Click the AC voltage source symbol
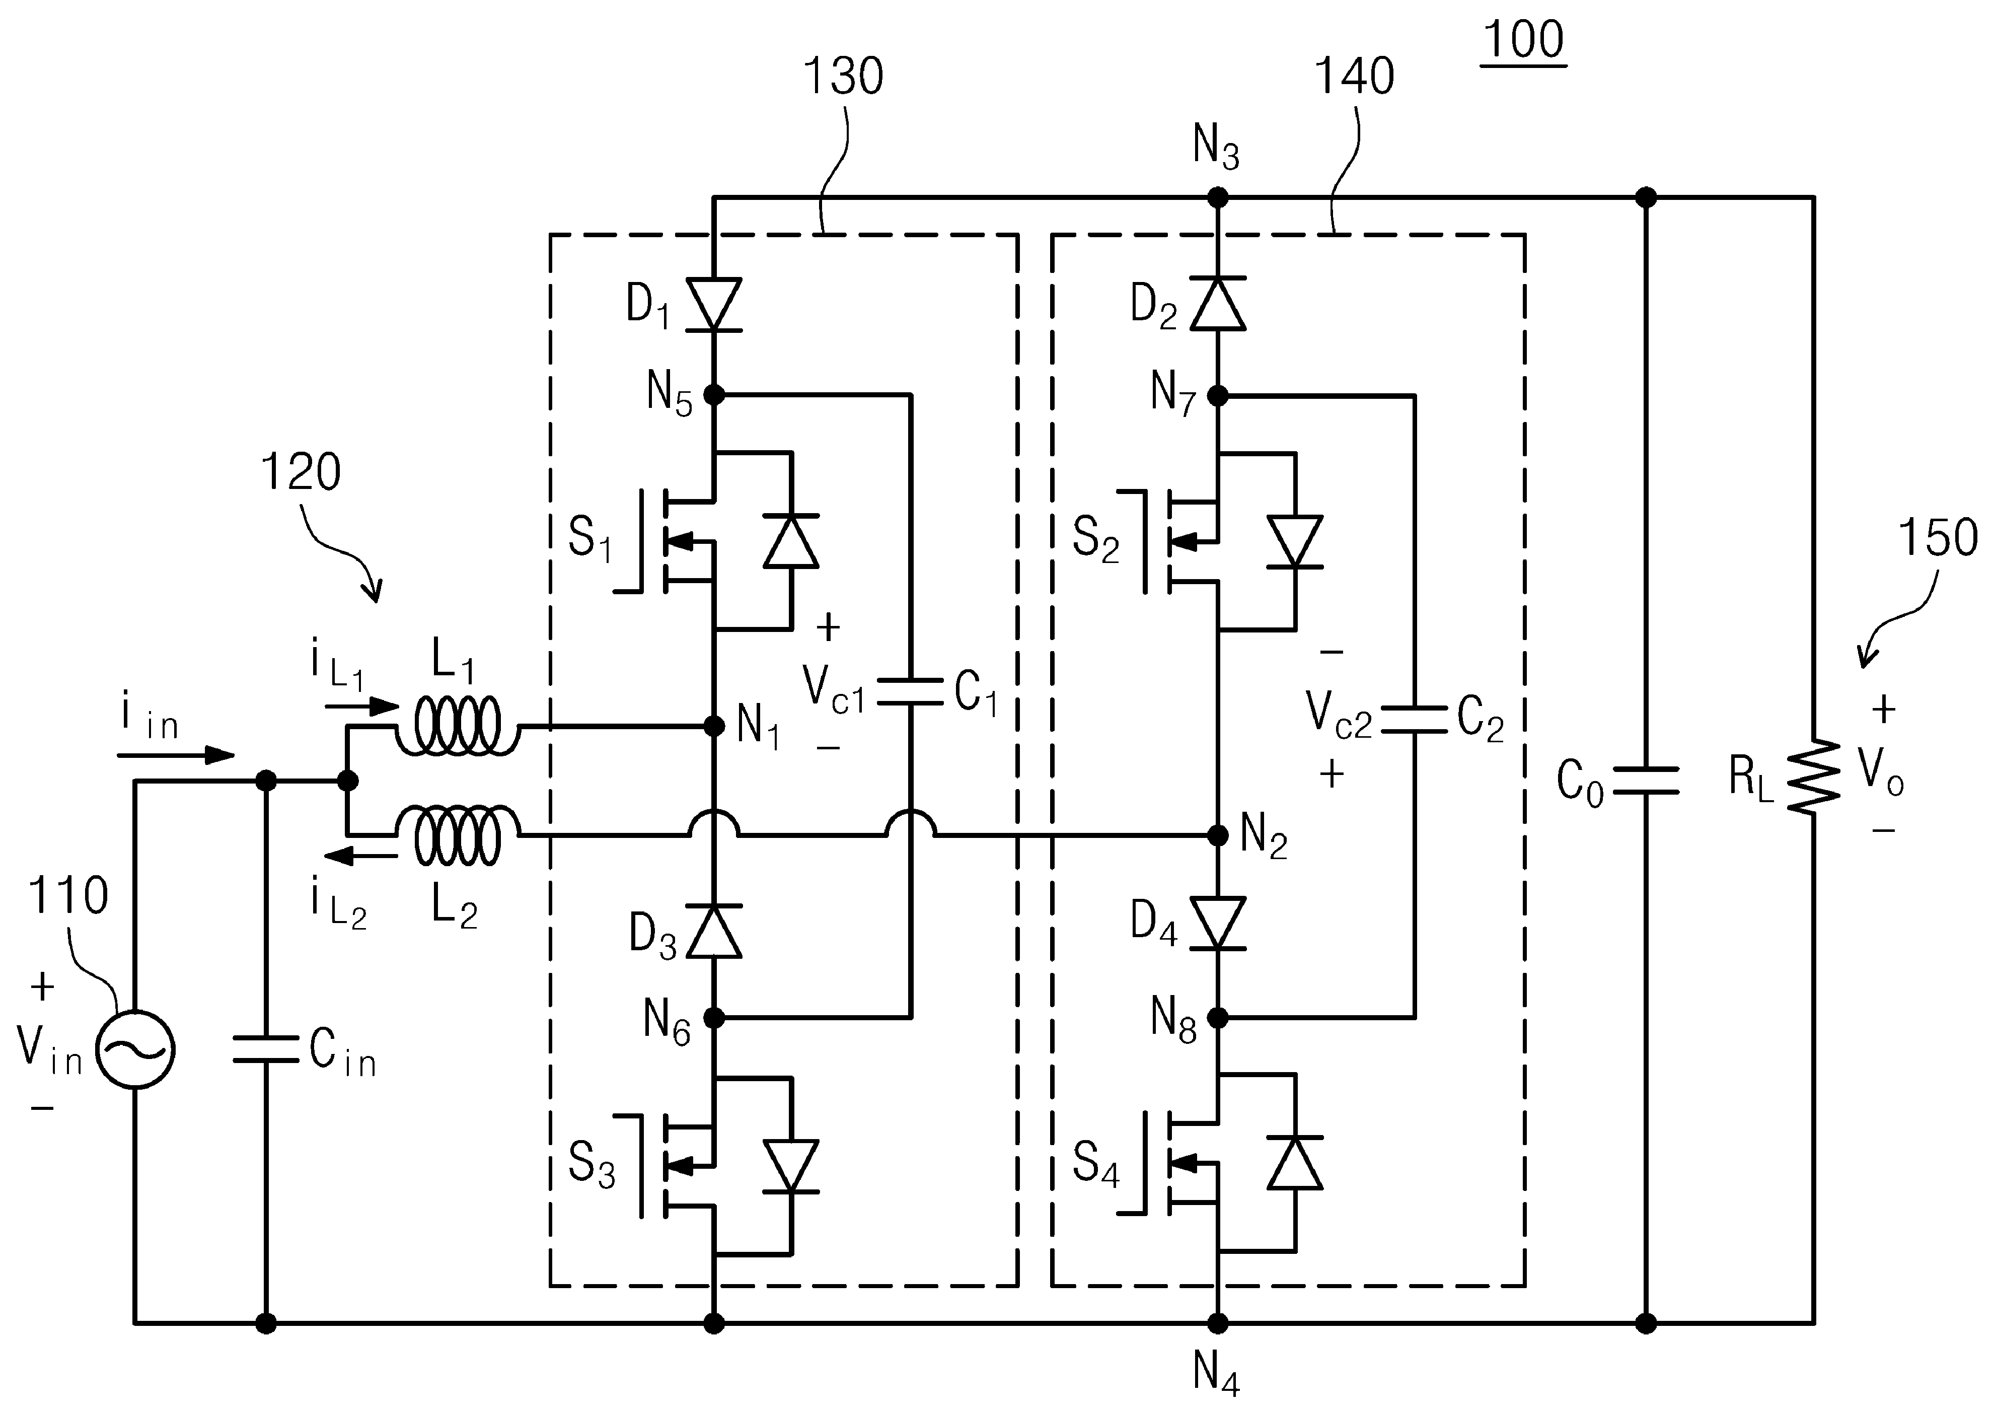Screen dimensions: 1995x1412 pos(135,1049)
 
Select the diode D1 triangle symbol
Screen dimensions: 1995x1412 pos(714,304)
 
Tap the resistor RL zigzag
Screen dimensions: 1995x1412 pos(1813,776)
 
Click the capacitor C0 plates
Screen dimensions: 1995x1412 pos(1646,781)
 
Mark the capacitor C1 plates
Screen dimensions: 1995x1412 pos(910,692)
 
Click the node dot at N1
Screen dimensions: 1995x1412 pos(714,726)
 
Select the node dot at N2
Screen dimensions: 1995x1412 pos(1218,835)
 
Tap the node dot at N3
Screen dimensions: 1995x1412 pos(1218,198)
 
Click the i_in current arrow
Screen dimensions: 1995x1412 pos(177,755)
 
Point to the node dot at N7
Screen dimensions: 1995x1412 pos(1218,396)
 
